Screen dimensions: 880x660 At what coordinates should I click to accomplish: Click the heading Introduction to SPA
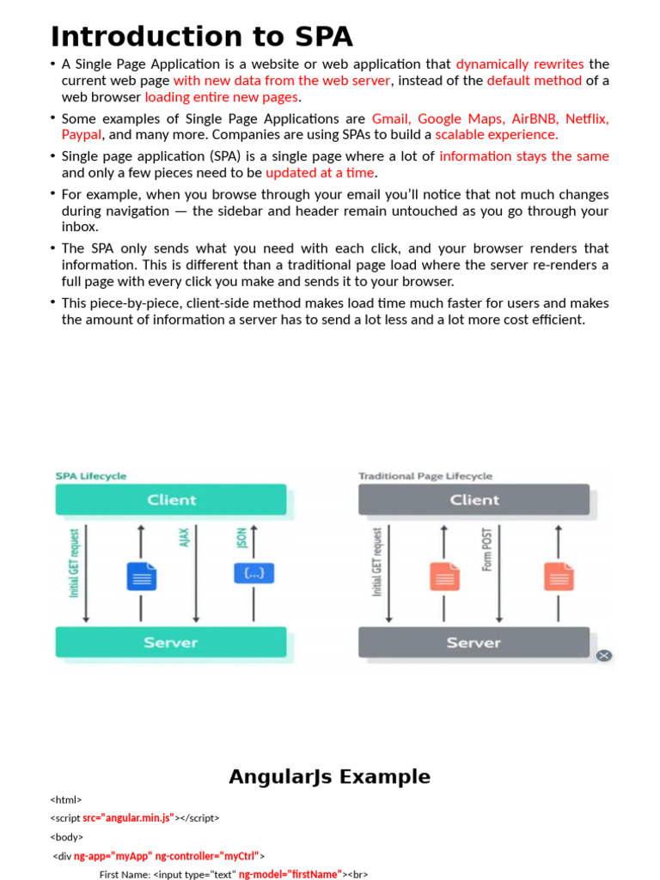click(x=201, y=38)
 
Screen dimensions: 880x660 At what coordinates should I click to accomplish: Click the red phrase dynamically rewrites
click(x=519, y=64)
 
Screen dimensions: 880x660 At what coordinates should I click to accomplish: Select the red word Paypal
click(x=82, y=135)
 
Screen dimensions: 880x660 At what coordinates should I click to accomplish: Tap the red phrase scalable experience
click(x=497, y=135)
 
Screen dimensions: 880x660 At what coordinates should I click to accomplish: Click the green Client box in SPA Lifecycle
click(x=171, y=499)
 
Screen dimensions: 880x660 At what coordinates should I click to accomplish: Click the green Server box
click(x=171, y=643)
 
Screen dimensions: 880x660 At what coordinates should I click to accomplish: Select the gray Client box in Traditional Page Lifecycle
click(x=474, y=499)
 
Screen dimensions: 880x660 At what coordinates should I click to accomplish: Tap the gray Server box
click(x=474, y=643)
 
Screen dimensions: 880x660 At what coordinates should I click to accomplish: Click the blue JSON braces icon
click(x=254, y=573)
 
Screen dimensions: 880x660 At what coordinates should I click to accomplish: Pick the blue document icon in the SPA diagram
click(x=142, y=576)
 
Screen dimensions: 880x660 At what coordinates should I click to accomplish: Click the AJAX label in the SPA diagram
click(x=184, y=539)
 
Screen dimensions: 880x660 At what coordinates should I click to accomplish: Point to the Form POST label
click(x=487, y=550)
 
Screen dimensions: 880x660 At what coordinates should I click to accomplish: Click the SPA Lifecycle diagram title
click(x=91, y=475)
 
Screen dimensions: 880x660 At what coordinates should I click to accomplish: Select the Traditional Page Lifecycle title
click(x=425, y=475)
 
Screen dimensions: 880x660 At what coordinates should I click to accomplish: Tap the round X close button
click(x=604, y=656)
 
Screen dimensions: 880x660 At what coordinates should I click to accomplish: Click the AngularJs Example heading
click(x=329, y=777)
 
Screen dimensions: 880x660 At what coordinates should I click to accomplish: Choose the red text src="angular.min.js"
click(x=128, y=818)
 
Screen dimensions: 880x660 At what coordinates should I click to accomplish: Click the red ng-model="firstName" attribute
click(x=290, y=874)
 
